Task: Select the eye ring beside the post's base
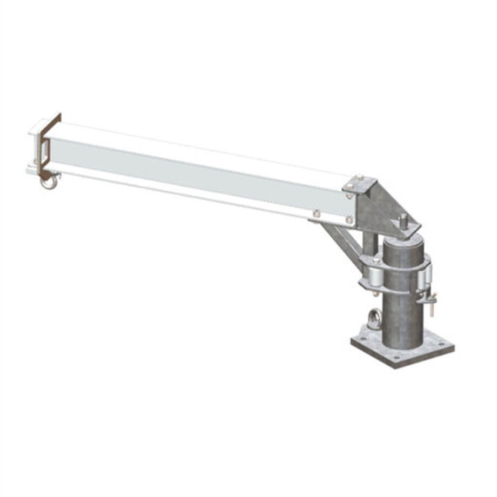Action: click(373, 319)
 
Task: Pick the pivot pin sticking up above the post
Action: click(404, 221)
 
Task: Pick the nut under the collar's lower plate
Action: click(374, 294)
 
